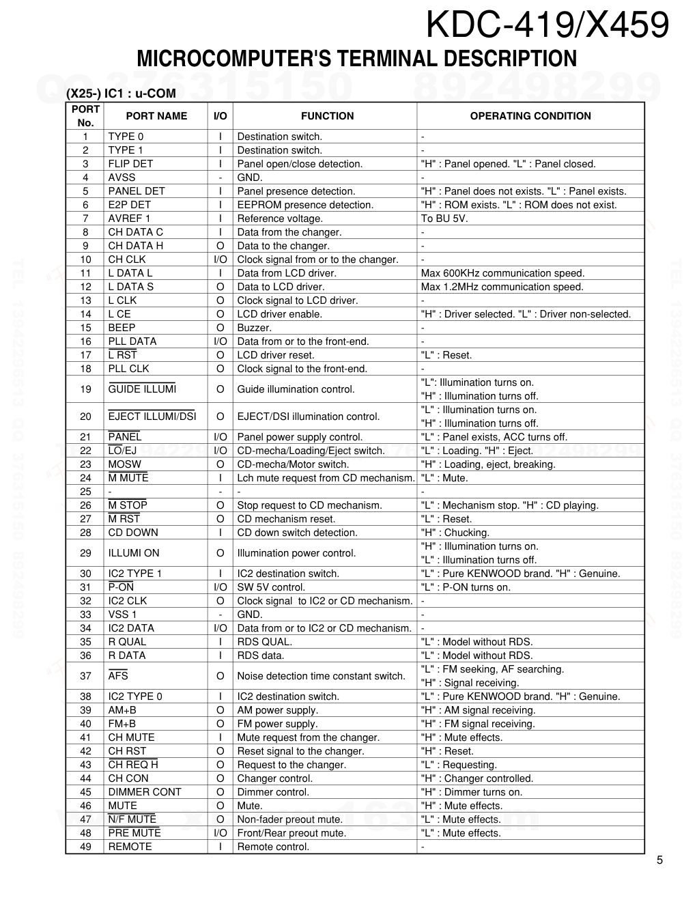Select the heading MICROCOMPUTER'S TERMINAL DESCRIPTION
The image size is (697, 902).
[x=356, y=59]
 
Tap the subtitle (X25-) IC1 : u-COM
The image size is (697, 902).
[x=121, y=94]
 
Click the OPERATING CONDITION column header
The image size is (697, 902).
[x=530, y=116]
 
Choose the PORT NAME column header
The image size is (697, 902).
[x=156, y=116]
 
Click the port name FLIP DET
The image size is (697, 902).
[x=130, y=164]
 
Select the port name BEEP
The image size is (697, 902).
[x=122, y=328]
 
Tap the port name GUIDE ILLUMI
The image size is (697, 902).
[x=142, y=389]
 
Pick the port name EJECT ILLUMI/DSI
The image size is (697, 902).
[x=152, y=417]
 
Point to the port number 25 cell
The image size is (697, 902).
[x=85, y=492]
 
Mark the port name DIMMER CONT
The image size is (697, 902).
[x=145, y=792]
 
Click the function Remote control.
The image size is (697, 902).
[x=273, y=847]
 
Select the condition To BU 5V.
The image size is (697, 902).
[x=444, y=219]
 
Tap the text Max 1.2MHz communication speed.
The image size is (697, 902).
[x=502, y=287]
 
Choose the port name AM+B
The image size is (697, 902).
[x=122, y=710]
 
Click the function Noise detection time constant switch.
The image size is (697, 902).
[x=321, y=676]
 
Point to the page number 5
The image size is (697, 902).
[x=659, y=860]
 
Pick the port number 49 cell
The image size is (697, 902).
[x=85, y=847]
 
